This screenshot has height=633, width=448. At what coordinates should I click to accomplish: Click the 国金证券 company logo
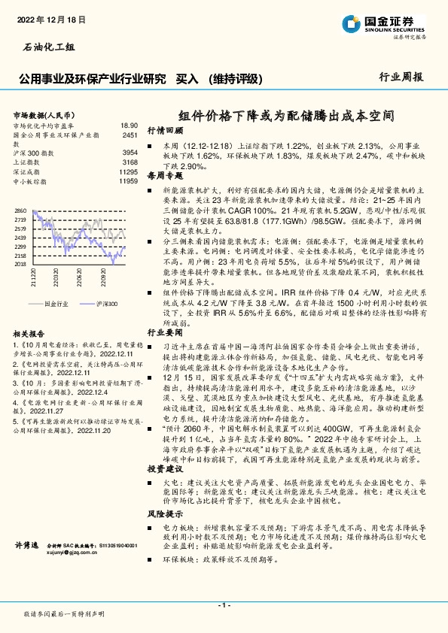coord(392,23)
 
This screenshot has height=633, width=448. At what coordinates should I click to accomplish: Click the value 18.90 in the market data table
coord(129,126)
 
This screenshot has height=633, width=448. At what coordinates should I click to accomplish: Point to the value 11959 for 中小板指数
coord(128,181)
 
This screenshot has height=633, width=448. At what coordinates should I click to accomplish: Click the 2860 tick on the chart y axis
coord(20,211)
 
